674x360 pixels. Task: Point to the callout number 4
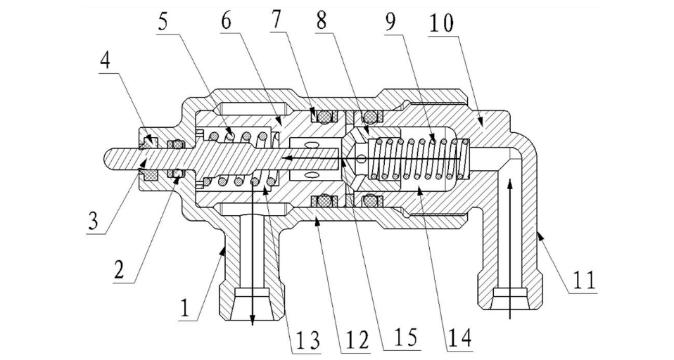106,61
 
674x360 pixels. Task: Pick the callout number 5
162,20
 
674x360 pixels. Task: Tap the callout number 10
440,23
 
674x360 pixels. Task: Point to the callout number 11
584,279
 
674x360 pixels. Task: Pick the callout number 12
356,340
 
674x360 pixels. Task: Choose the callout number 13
308,341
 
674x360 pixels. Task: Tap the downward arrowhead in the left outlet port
253,318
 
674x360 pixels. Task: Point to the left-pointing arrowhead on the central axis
287,159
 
